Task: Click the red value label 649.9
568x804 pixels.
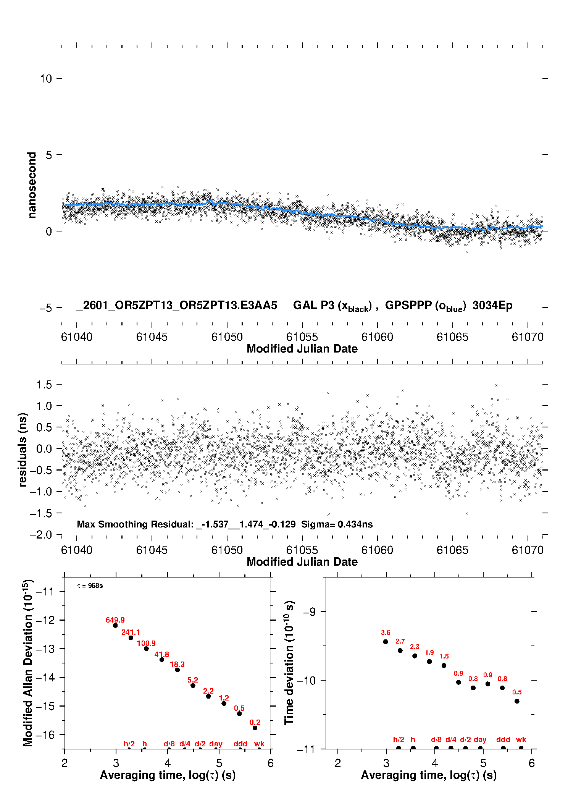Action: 115,620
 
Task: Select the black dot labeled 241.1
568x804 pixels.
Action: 131,637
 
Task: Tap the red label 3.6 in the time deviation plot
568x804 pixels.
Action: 386,633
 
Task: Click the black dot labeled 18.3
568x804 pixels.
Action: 177,670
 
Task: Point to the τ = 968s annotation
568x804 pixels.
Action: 90,586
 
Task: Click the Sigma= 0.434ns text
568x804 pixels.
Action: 337,524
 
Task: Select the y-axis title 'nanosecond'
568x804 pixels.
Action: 32,185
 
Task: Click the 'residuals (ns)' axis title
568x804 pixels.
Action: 23,450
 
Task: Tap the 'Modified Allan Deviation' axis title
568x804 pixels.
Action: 28,663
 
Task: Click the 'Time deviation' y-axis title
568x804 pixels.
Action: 289,663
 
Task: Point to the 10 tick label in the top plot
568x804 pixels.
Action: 46,79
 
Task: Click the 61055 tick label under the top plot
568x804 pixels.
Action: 302,337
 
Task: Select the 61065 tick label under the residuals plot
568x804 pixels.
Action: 452,550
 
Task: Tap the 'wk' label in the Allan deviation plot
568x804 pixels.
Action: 259,744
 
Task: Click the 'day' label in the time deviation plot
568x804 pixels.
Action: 480,739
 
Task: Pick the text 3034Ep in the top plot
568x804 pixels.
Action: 492,306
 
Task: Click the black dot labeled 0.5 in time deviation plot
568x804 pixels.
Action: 517,701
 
